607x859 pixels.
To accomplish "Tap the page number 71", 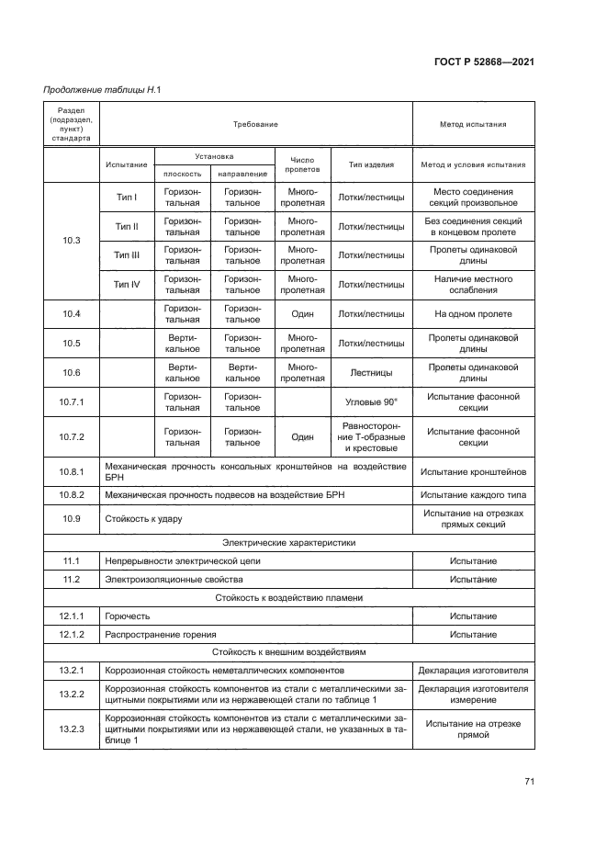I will coord(529,781).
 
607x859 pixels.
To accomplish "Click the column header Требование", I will coord(255,123).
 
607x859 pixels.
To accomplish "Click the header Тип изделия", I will coord(371,165).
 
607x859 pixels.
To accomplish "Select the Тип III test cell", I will coord(127,255).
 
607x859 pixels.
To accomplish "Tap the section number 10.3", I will coord(72,241).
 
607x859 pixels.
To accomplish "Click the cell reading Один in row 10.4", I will coord(302,314).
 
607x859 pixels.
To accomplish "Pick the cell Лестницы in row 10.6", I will coord(371,373).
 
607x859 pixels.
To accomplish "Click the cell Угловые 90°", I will coord(371,402).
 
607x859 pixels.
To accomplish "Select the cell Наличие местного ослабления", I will coord(473,285).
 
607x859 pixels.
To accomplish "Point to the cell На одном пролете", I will coord(473,314).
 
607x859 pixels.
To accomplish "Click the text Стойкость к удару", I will coord(143,519).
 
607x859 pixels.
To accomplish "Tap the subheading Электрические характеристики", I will coord(289,542).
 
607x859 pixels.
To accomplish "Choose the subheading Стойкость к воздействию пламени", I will coord(289,597).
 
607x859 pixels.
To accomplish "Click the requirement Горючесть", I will coord(128,616).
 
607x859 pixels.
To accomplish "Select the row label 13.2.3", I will coord(72,729).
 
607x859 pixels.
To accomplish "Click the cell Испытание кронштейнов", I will coord(473,472).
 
